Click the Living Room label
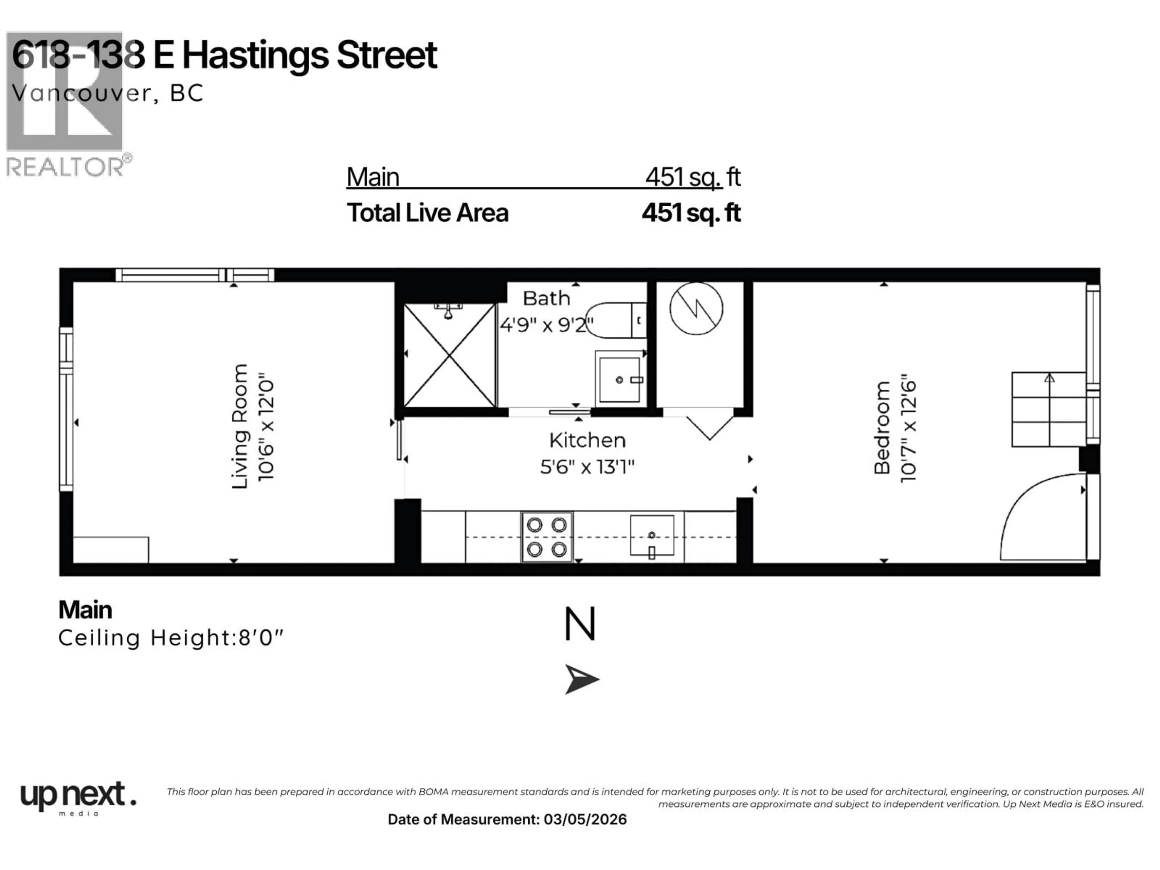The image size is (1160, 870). point(240,426)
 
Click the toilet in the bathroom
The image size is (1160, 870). point(615,320)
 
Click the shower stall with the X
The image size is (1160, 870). point(449,356)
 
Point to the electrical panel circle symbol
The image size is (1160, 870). point(696,308)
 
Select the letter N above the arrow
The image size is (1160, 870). point(580,624)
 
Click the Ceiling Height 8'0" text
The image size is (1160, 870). point(170,638)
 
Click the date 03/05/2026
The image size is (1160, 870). point(585,819)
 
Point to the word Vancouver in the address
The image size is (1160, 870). point(81,93)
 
